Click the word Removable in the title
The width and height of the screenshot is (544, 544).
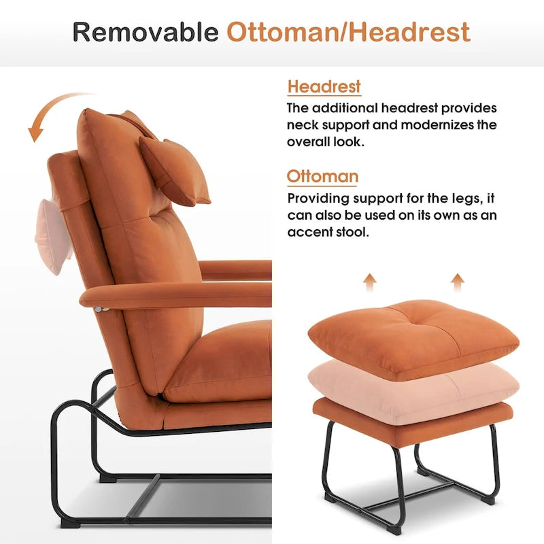pyautogui.click(x=145, y=32)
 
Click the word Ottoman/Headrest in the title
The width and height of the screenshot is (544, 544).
pyautogui.click(x=348, y=32)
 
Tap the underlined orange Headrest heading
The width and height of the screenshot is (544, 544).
pyautogui.click(x=324, y=87)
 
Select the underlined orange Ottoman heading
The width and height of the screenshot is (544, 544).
pyautogui.click(x=322, y=177)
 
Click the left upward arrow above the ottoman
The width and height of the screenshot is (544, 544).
pyautogui.click(x=369, y=281)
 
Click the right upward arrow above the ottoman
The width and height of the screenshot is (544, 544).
pyautogui.click(x=458, y=281)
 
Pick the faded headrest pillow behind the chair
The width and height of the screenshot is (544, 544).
pyautogui.click(x=52, y=235)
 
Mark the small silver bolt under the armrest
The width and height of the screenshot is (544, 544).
pyautogui.click(x=102, y=309)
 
